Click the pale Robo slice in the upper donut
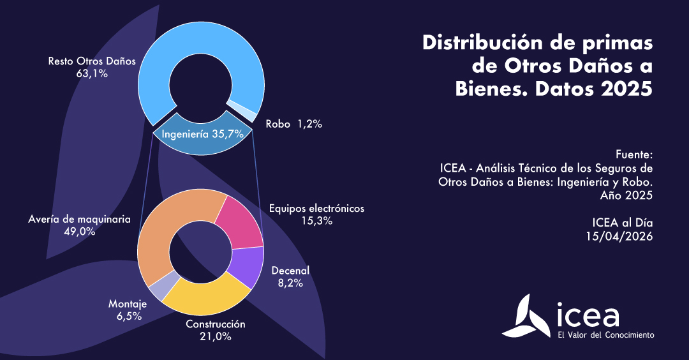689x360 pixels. point(241,109)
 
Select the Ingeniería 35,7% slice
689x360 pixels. point(202,135)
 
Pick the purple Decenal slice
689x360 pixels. point(247,266)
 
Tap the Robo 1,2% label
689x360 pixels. point(294,124)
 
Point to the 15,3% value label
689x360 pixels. point(317,221)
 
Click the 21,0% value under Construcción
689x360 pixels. point(215,336)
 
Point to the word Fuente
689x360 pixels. point(634,155)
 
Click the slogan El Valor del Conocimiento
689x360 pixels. point(605,334)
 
